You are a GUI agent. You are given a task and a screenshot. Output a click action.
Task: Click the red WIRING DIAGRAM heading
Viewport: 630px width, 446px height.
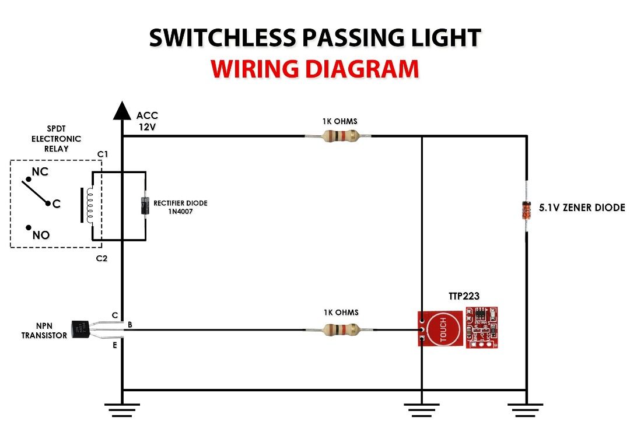tap(315, 69)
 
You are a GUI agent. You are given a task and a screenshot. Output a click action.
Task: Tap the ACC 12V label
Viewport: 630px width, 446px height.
tap(147, 121)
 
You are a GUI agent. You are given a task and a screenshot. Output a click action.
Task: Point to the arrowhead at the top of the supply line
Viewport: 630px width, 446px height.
tap(122, 110)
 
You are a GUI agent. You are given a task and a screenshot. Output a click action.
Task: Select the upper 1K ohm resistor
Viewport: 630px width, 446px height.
tap(339, 136)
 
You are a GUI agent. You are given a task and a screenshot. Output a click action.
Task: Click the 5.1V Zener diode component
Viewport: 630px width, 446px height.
tap(526, 209)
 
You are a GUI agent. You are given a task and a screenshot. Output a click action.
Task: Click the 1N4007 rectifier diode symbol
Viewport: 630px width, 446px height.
tap(145, 205)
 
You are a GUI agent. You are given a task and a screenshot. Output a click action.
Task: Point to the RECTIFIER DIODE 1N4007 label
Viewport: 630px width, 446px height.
tap(180, 207)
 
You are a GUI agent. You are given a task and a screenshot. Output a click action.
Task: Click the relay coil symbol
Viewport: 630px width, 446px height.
tap(89, 205)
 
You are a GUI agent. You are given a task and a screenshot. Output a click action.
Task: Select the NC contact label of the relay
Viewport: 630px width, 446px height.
tap(40, 173)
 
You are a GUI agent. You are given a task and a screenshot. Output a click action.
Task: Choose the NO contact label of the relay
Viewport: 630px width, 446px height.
tap(41, 236)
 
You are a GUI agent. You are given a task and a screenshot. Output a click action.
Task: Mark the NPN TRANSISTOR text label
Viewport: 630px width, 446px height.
tap(44, 331)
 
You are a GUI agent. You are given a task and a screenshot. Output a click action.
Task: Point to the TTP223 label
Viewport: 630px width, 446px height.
tap(464, 296)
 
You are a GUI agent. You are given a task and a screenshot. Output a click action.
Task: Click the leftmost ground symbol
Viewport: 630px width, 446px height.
tap(122, 409)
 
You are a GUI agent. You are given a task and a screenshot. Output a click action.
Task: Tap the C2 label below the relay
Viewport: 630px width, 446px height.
tap(102, 258)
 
